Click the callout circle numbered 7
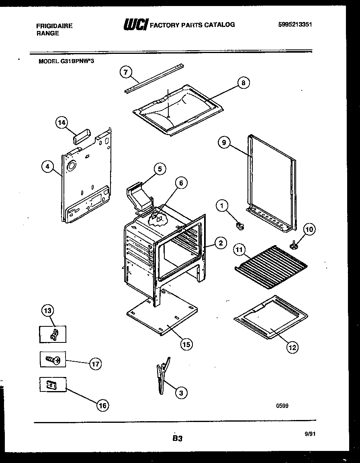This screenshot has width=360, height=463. click(x=126, y=72)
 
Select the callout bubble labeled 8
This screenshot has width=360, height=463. click(x=243, y=83)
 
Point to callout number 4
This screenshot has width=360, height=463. click(x=48, y=166)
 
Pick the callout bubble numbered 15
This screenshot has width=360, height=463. click(x=186, y=344)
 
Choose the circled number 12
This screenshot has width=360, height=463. click(x=292, y=347)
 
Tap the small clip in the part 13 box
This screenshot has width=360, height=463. click(x=53, y=334)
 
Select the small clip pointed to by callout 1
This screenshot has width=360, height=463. click(x=241, y=227)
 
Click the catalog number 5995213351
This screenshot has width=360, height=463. click(x=295, y=25)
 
